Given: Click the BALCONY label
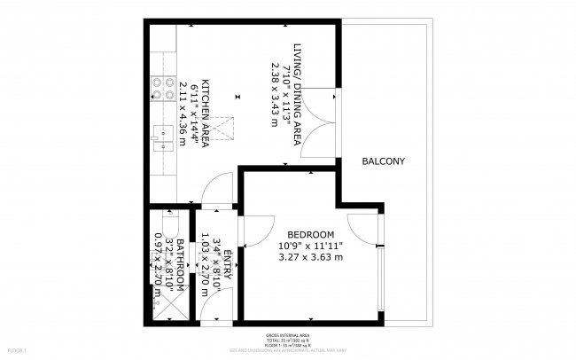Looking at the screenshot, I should tap(383, 161).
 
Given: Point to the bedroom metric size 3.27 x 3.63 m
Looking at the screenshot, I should tap(310, 257).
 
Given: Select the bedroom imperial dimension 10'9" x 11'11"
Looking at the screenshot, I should tap(310, 245).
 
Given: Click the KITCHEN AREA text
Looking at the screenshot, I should tap(206, 113).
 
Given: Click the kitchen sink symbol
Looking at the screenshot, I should tap(162, 137).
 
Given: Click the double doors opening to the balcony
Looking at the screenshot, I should tap(322, 122).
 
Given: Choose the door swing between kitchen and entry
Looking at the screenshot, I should tap(213, 190).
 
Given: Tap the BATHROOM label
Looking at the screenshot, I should tap(180, 266).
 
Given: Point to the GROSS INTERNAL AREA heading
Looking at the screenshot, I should tap(288, 334).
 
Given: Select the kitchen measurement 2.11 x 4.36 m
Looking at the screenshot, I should tap(184, 113).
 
